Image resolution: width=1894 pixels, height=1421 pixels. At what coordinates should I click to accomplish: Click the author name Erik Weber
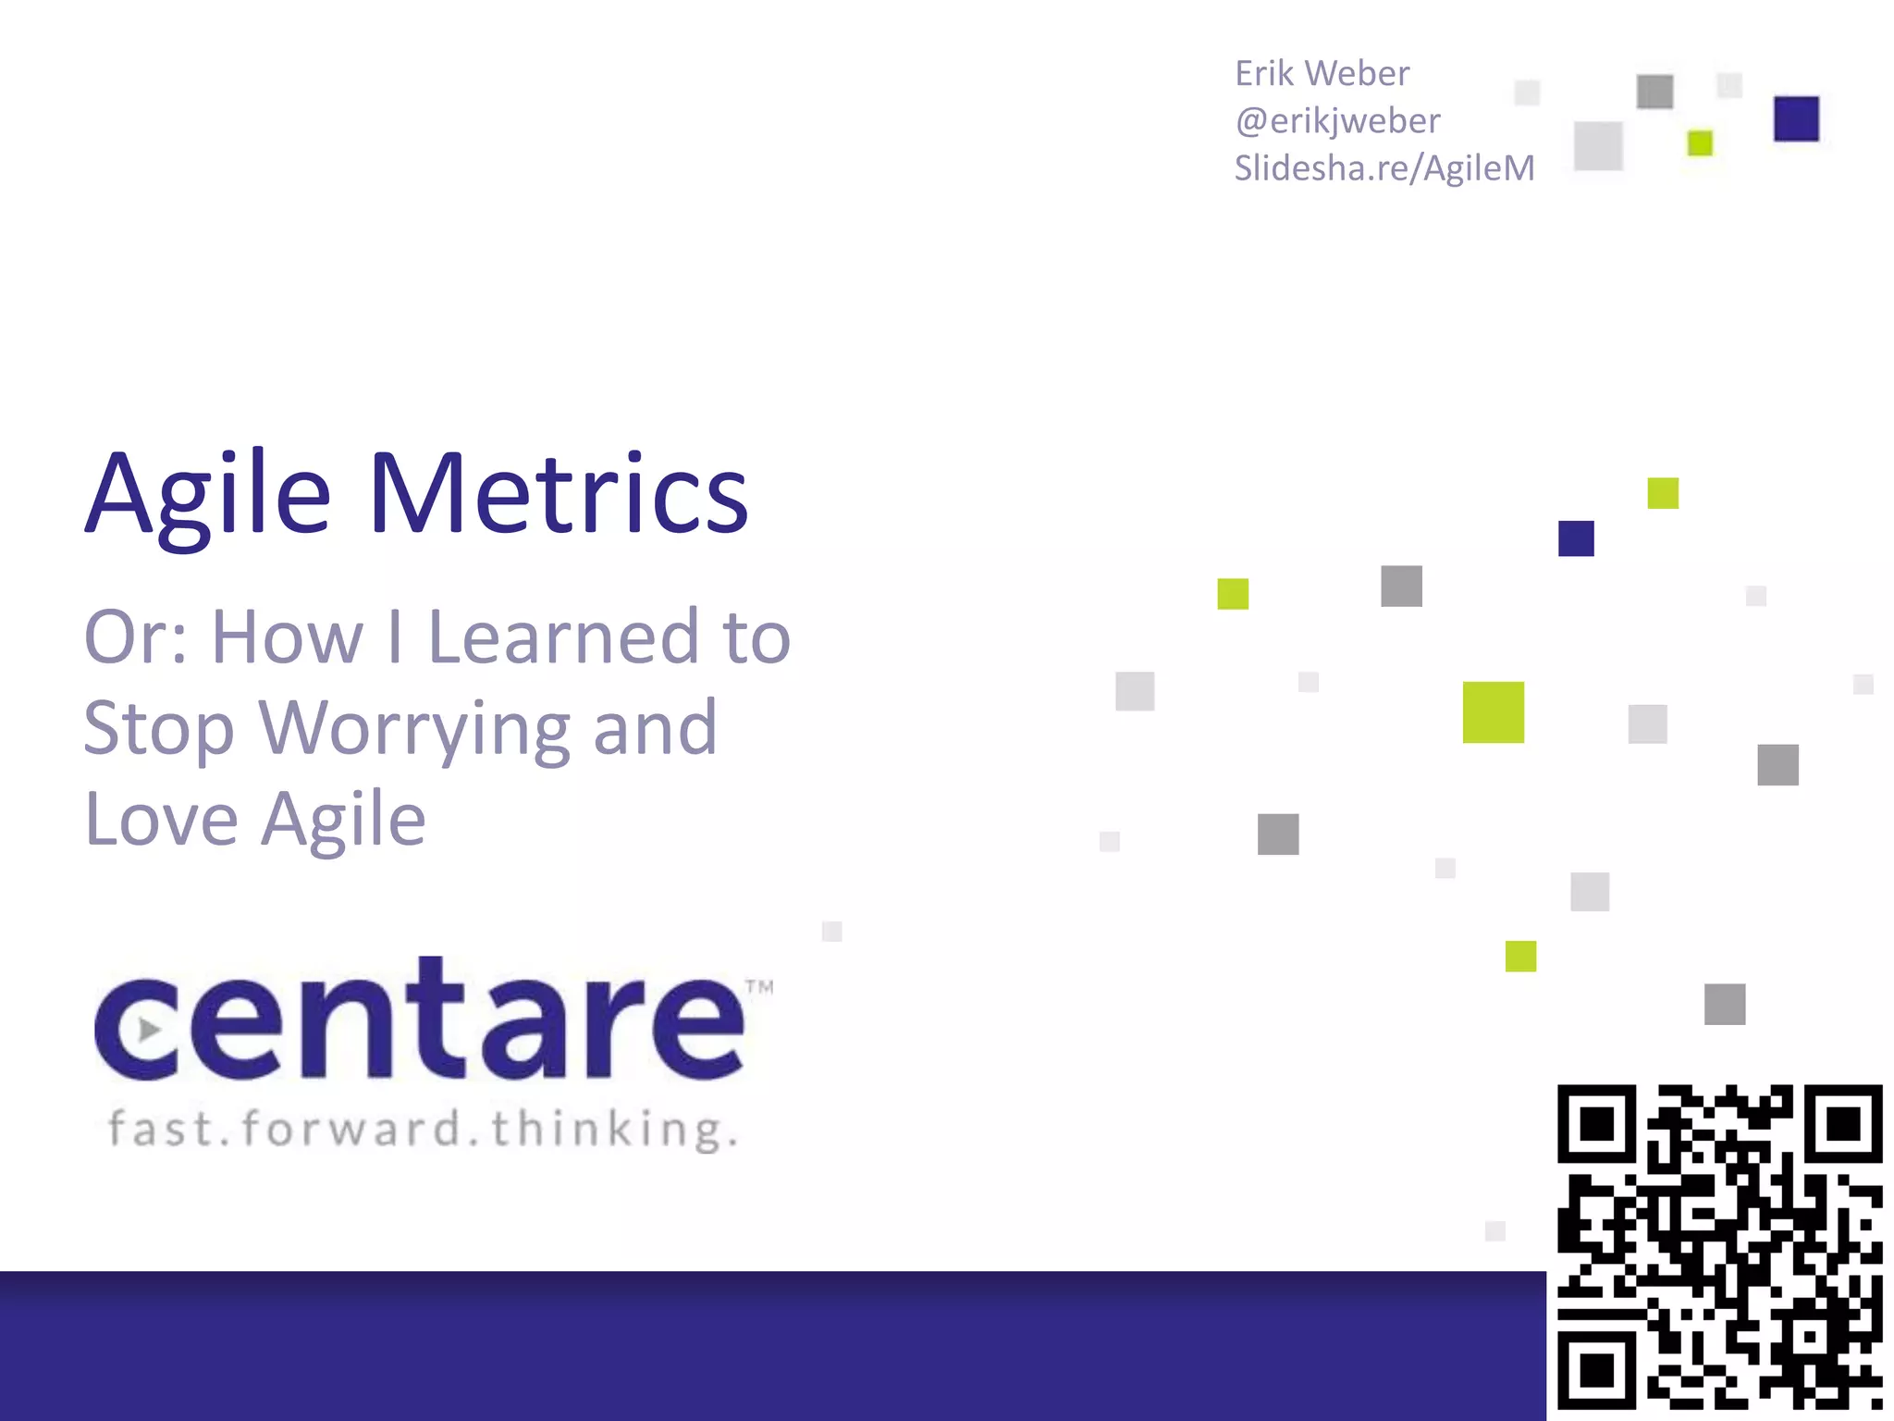click(1322, 74)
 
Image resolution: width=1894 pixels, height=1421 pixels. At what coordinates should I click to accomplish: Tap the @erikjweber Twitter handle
click(1337, 121)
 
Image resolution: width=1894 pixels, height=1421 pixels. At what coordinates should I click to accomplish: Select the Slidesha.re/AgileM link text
click(1384, 168)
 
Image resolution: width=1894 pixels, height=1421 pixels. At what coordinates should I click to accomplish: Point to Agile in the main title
click(208, 495)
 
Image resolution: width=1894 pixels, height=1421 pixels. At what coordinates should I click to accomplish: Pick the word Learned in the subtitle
click(563, 637)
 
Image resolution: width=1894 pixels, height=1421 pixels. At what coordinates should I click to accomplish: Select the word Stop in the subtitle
click(158, 730)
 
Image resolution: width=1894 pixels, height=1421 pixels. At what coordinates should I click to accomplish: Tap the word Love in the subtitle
click(162, 820)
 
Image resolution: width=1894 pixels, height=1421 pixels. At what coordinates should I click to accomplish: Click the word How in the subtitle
click(288, 637)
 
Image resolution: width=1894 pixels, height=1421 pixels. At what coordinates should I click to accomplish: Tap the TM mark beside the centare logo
click(759, 987)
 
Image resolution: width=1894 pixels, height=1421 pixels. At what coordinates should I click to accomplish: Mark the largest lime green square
click(1493, 712)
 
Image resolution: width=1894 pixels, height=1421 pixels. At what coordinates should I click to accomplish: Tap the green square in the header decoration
click(1700, 143)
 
